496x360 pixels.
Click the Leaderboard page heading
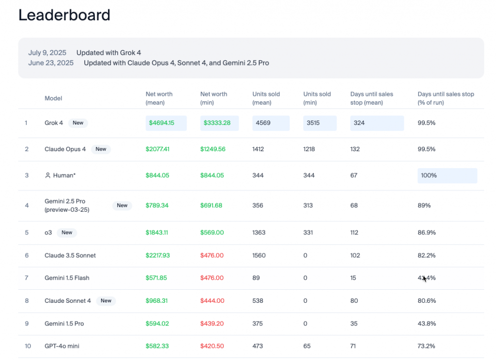64,15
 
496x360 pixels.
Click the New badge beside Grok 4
78,123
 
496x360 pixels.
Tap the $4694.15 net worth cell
166,123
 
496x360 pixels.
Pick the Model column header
53,98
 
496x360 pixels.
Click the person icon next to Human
47,175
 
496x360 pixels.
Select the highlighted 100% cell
447,175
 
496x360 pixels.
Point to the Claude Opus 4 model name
65,149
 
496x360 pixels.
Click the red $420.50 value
212,346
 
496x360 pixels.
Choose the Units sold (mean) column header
266,98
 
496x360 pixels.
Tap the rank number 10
28,346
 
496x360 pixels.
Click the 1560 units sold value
259,255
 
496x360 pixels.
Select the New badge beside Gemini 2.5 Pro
122,205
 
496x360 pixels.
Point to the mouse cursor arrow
425,278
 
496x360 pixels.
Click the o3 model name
48,233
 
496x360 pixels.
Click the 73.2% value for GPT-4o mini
426,346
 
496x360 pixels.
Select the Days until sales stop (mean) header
372,98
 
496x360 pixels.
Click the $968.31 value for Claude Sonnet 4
157,301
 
